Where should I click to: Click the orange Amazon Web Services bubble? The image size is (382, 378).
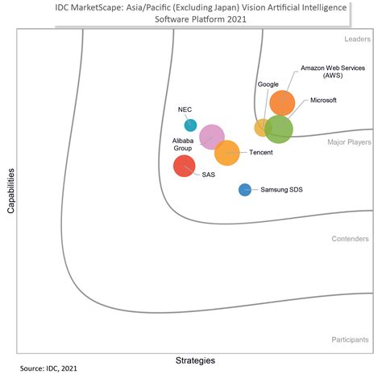pyautogui.click(x=282, y=103)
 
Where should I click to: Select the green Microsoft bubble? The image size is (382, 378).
pyautogui.click(x=279, y=129)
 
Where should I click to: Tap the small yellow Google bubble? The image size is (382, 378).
pyautogui.click(x=263, y=127)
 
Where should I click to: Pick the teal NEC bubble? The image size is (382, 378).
pyautogui.click(x=190, y=125)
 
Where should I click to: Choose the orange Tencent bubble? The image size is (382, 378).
pyautogui.click(x=226, y=152)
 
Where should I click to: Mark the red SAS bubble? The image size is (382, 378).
pyautogui.click(x=185, y=166)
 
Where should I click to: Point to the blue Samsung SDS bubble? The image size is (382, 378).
pyautogui.click(x=245, y=190)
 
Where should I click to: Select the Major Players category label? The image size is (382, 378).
pyautogui.click(x=348, y=142)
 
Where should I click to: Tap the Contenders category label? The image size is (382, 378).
pyautogui.click(x=350, y=239)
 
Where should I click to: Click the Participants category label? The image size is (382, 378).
pyautogui.click(x=350, y=340)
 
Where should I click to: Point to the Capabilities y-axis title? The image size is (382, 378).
pyautogui.click(x=10, y=191)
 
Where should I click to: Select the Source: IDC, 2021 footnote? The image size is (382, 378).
pyautogui.click(x=50, y=368)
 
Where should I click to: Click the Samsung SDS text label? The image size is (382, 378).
pyautogui.click(x=280, y=191)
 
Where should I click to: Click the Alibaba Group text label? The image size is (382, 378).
pyautogui.click(x=183, y=144)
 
